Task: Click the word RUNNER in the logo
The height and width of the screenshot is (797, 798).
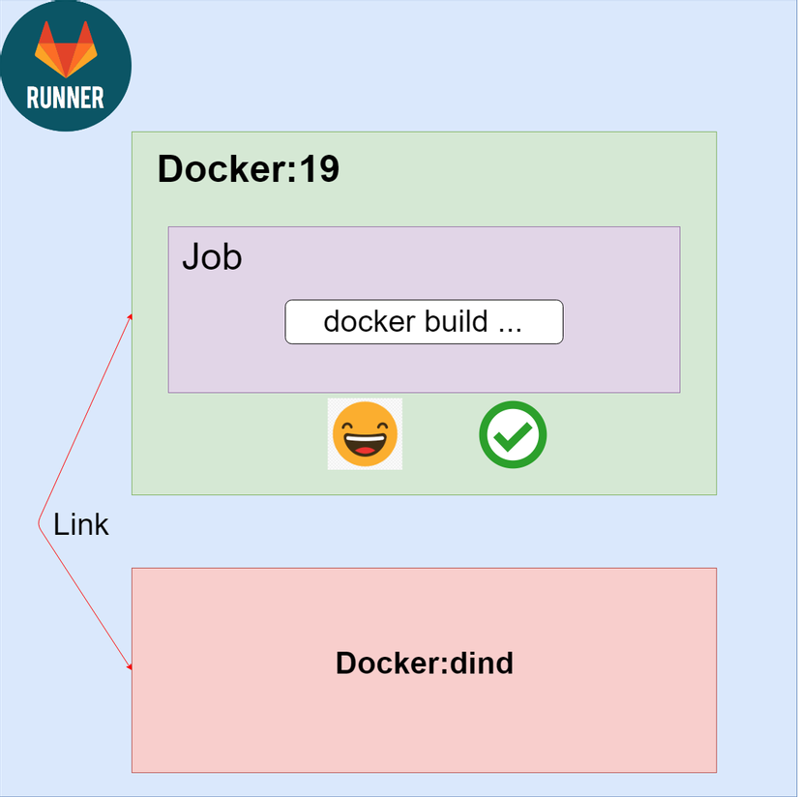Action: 66,97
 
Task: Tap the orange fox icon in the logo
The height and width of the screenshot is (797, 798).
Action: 66,48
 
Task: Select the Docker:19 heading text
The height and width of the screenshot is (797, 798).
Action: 248,169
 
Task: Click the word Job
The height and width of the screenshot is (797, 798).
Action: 212,257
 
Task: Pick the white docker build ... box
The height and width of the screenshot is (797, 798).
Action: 424,322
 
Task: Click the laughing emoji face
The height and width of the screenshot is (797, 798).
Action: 365,434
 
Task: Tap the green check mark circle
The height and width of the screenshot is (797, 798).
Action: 513,434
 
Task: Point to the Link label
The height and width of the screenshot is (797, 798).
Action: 80,525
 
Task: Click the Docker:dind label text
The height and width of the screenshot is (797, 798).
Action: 424,664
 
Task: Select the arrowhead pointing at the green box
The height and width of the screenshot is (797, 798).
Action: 130,316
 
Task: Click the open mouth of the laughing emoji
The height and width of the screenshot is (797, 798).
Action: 365,448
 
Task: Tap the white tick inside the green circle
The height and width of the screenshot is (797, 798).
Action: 513,437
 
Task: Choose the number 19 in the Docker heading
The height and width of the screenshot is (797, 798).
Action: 318,169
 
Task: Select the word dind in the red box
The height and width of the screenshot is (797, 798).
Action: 481,664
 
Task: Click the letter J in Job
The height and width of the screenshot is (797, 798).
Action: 191,257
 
